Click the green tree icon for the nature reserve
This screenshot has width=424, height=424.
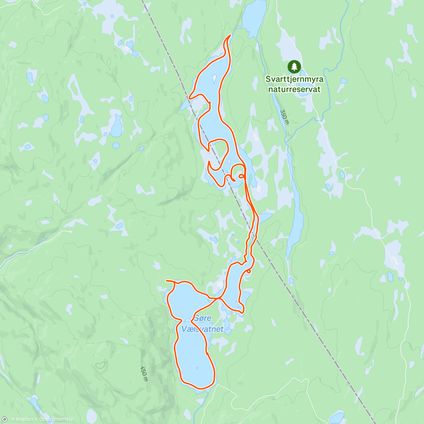click(294, 66)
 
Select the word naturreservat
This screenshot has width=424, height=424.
click(294, 89)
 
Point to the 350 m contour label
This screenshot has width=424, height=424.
click(284, 117)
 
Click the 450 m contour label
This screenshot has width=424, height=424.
click(144, 374)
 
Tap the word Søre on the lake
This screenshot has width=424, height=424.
click(202, 318)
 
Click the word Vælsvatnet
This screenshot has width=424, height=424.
click(202, 329)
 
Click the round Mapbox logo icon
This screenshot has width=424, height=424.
click(5, 419)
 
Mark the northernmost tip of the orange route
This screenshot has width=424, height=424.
click(230, 35)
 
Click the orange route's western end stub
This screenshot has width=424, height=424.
click(166, 281)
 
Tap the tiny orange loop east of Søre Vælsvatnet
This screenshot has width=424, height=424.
click(249, 271)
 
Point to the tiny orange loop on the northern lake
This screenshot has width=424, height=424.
click(241, 176)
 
